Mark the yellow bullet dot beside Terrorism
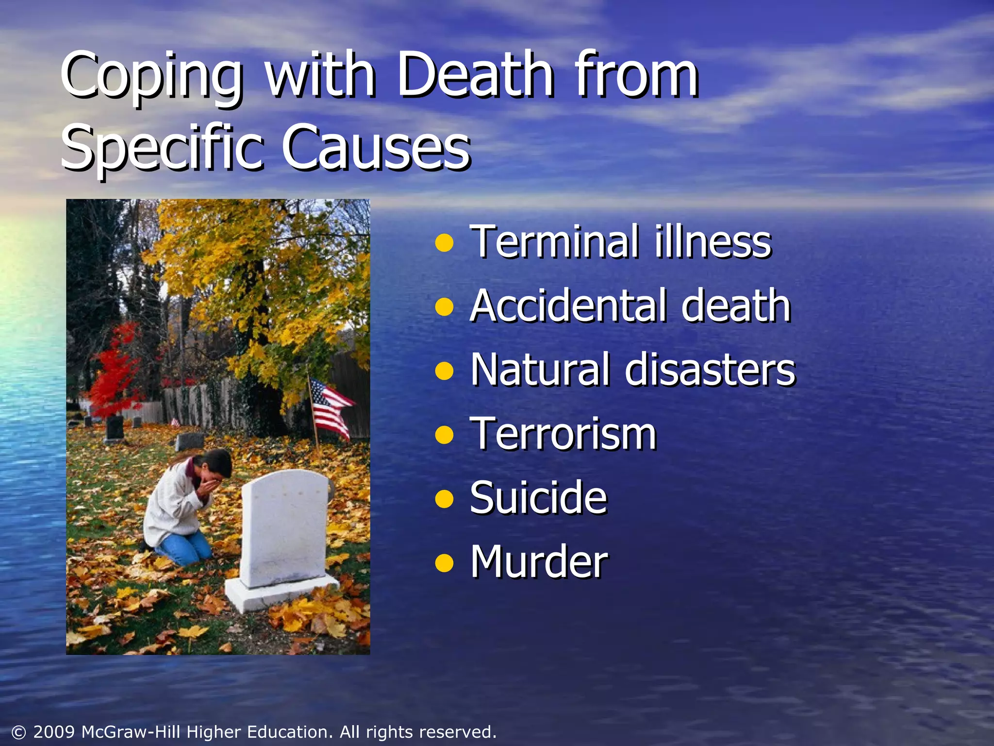444,435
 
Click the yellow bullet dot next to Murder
444,563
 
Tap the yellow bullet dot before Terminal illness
444,243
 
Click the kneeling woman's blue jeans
187,546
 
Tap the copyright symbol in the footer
18,732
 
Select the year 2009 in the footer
54,732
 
